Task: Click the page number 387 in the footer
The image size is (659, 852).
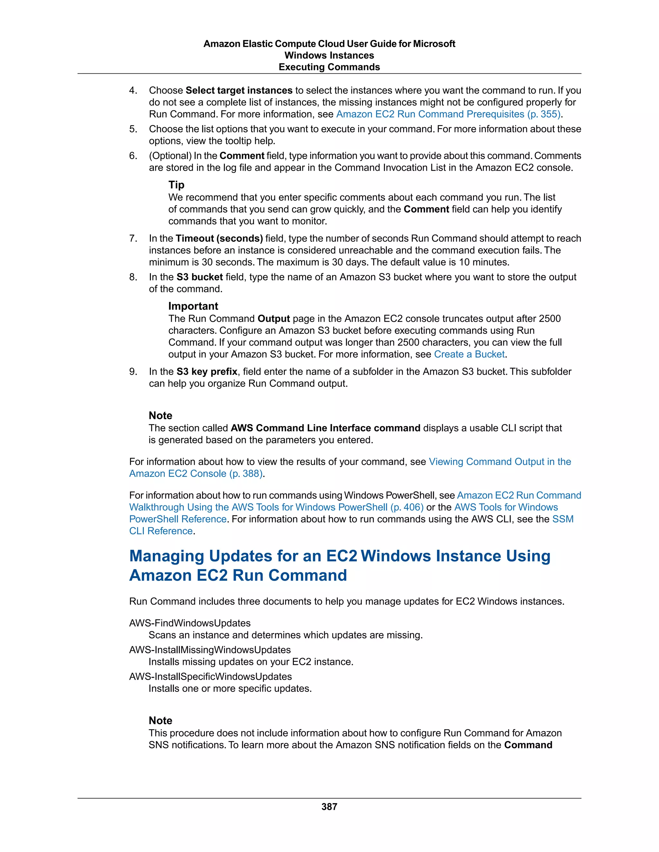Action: coord(329,806)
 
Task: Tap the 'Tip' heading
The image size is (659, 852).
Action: coord(176,185)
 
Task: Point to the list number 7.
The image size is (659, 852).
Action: coord(133,238)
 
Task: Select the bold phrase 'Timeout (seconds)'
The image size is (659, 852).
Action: coord(219,238)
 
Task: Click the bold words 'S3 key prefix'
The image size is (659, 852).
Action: coord(207,371)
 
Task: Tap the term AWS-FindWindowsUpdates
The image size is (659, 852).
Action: coord(190,623)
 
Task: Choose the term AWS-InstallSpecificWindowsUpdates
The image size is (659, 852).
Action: coord(210,676)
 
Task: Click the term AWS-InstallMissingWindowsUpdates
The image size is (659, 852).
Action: coord(210,649)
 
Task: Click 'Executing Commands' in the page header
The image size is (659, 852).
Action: coord(329,67)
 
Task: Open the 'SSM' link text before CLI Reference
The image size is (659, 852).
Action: coord(563,519)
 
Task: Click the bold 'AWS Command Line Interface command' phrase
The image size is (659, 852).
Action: coord(325,428)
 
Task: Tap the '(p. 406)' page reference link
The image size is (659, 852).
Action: coord(407,507)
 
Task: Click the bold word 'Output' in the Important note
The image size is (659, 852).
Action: coord(274,319)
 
